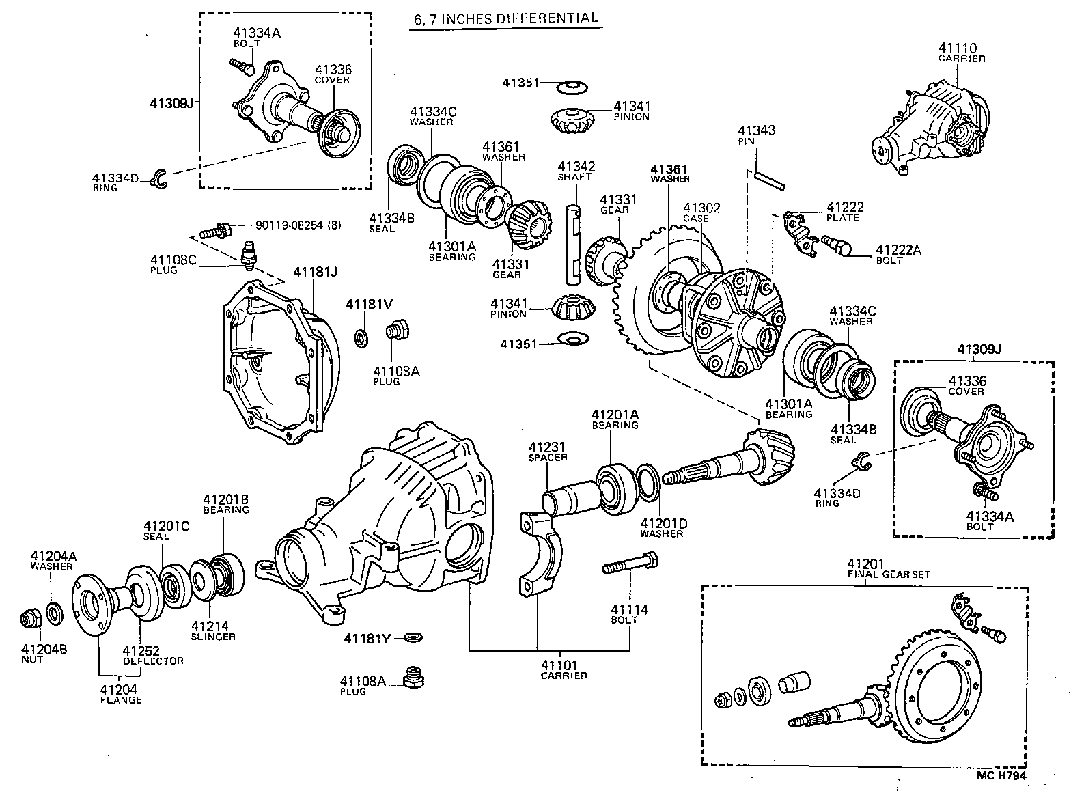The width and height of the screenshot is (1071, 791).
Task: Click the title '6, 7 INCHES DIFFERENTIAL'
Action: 506,19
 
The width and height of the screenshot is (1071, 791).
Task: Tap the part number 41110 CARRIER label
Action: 961,53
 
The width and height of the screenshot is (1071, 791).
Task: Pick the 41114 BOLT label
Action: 629,614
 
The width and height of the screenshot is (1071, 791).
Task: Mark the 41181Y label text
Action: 367,639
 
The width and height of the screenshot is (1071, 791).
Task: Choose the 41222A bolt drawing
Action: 839,245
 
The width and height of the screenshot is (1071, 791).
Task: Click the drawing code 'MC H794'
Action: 1001,775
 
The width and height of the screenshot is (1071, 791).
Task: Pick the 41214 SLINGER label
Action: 213,630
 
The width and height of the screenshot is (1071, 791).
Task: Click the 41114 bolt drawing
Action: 628,566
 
